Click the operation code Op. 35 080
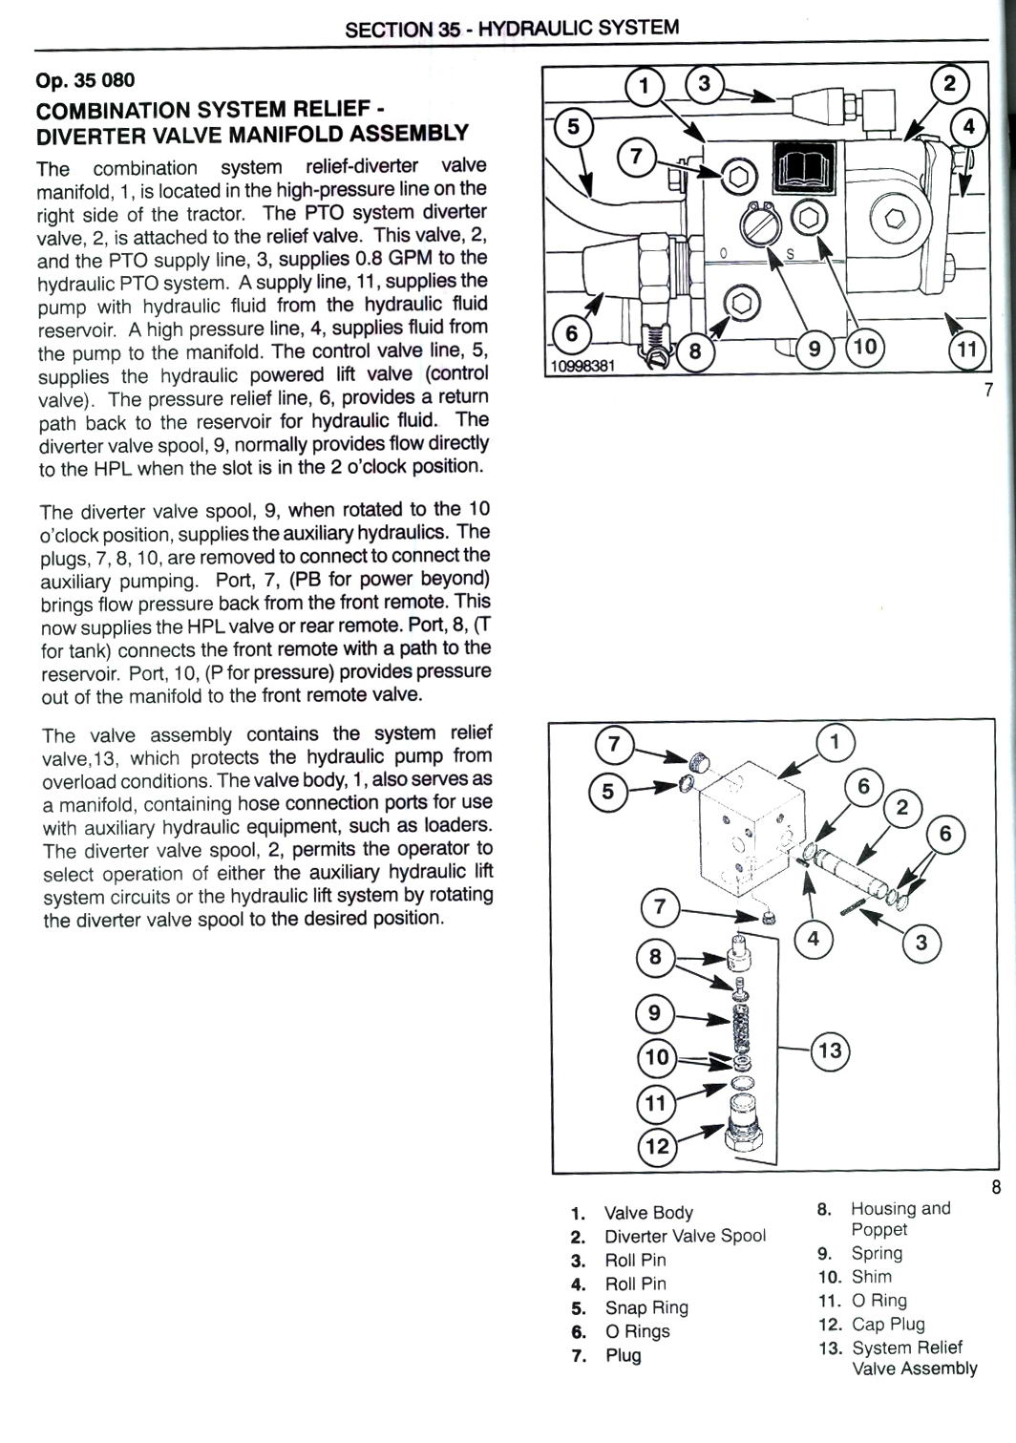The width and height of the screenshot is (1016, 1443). coord(85,79)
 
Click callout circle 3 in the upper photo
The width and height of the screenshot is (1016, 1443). coord(705,85)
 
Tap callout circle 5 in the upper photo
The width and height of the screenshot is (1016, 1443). coord(572,127)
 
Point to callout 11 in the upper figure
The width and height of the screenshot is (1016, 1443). coord(967,350)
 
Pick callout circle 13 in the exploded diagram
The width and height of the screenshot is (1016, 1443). coord(830,1050)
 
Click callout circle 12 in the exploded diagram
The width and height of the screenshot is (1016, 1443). coord(657,1144)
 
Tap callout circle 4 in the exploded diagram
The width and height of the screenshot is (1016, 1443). coord(814,939)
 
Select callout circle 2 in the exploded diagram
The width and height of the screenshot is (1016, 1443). coord(902,809)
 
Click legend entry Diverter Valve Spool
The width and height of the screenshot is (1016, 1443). coord(685,1236)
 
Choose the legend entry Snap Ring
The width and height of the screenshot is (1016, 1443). coord(646,1307)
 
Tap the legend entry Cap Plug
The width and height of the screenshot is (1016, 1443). coord(888,1324)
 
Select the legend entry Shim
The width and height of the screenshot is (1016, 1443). coord(871,1276)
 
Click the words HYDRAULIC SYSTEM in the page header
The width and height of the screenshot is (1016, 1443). coord(579,28)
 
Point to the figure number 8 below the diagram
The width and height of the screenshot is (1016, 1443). coord(995,1188)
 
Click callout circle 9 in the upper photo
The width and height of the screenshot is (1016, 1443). coord(815,349)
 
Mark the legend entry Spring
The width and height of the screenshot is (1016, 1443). coord(876,1253)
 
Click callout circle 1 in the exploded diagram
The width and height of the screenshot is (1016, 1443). coord(836,741)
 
